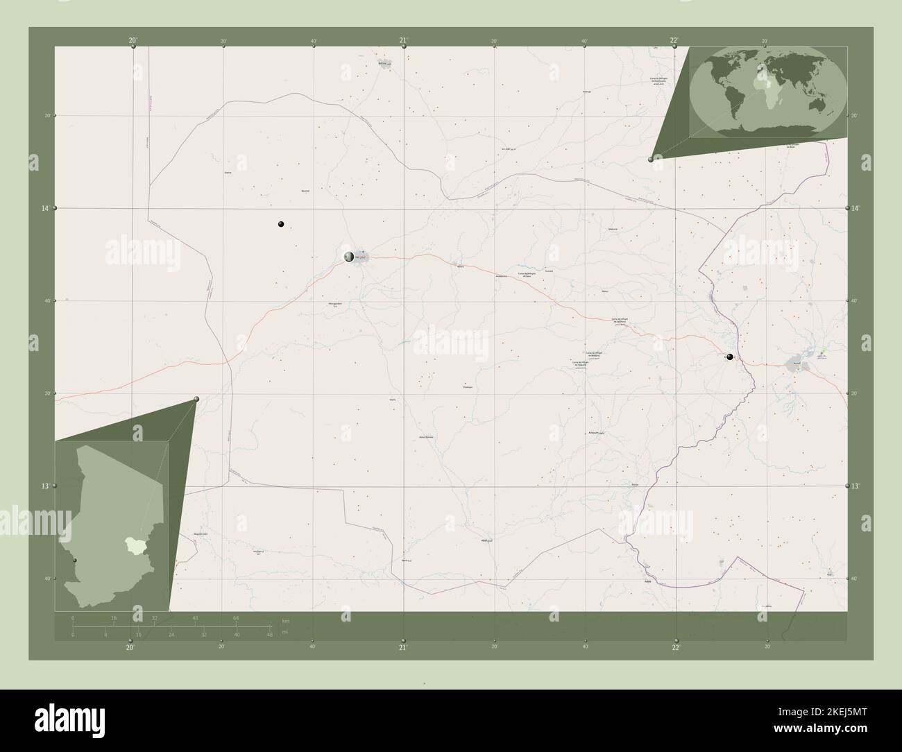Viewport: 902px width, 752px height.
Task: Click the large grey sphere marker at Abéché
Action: pos(349,257)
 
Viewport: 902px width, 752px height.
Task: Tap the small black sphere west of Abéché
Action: pos(281,224)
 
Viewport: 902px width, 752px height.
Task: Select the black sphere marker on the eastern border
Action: pos(729,357)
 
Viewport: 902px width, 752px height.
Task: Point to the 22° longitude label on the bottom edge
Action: pos(676,647)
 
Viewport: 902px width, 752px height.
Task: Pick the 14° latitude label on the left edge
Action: pos(45,208)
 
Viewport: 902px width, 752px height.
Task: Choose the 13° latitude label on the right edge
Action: pos(856,486)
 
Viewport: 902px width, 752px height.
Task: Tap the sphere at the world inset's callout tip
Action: pos(651,160)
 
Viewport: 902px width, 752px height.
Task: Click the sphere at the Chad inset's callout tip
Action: pos(197,399)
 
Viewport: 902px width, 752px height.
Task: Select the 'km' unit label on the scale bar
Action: pos(285,620)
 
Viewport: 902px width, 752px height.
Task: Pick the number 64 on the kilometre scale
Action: pos(236,617)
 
